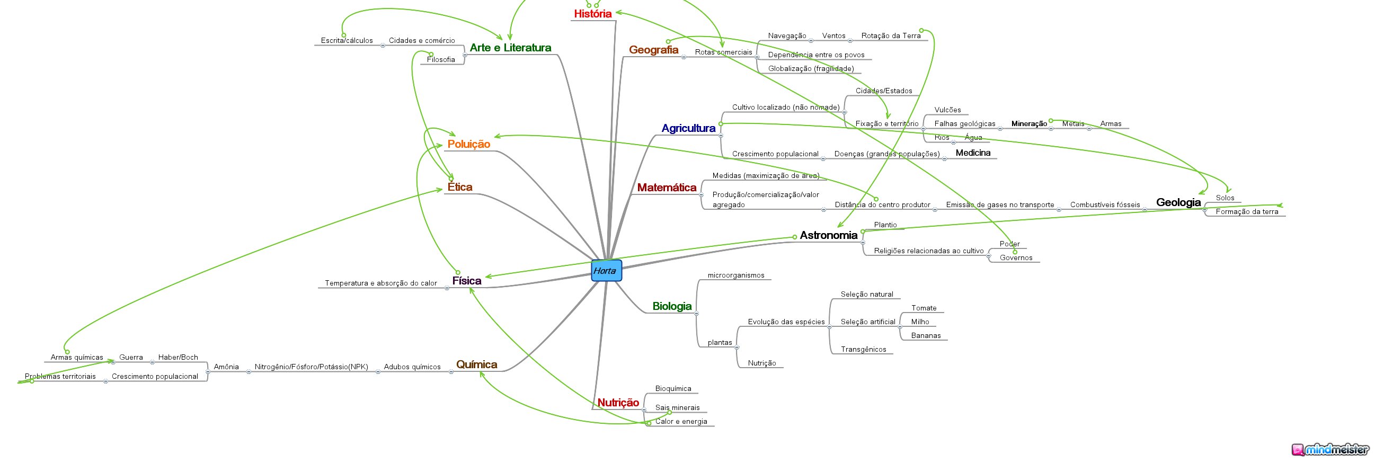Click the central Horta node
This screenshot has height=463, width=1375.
click(x=606, y=271)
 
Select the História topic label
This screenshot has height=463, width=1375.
click(x=592, y=14)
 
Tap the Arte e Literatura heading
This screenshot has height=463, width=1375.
click(x=510, y=48)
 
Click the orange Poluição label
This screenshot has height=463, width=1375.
click(x=468, y=144)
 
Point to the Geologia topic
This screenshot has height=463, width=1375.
click(x=1178, y=202)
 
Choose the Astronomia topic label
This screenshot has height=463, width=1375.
click(x=828, y=235)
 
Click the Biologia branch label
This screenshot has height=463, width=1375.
click(x=672, y=306)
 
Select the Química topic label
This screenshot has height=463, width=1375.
click(x=477, y=364)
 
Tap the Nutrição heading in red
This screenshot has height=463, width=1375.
click(x=618, y=403)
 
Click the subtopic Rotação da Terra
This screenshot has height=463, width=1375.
click(x=891, y=35)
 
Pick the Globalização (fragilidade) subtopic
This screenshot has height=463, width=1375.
click(x=811, y=68)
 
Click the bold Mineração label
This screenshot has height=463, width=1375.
click(x=1029, y=124)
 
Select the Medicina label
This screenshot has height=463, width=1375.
click(x=973, y=153)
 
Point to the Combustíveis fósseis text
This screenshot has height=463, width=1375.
click(x=1105, y=205)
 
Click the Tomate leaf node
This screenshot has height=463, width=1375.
click(x=924, y=308)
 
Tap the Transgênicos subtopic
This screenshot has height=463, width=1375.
click(x=863, y=350)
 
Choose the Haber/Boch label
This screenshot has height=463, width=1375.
click(x=178, y=358)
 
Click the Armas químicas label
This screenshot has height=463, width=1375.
click(x=77, y=358)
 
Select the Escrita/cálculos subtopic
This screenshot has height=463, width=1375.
click(x=347, y=41)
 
